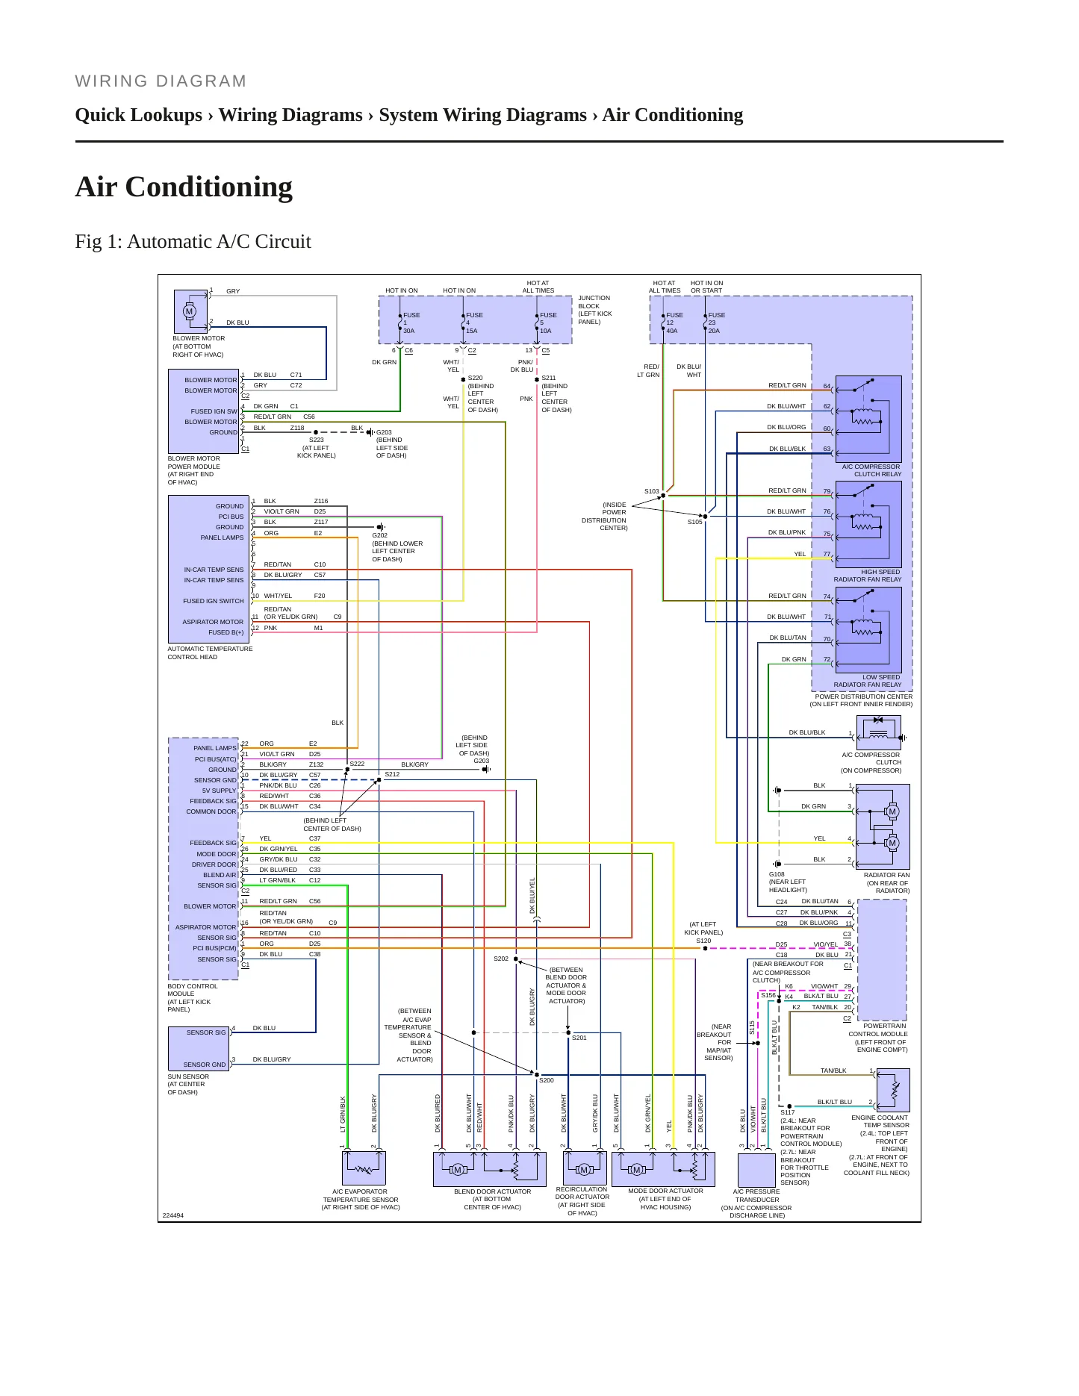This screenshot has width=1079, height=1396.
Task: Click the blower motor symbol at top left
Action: pos(190,311)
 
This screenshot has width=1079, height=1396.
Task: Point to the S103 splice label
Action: pos(652,491)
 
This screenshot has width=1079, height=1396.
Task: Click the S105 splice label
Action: pos(695,522)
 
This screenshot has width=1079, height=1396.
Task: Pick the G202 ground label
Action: pos(380,535)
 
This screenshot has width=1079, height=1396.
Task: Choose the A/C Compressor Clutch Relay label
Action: pos(871,470)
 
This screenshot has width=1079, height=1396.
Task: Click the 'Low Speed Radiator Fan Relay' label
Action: pos(868,681)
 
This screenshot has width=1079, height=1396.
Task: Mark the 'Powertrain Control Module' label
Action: pos(878,1038)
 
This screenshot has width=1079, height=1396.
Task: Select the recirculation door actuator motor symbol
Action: pos(584,1170)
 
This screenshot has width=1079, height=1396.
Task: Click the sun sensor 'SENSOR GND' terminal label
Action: pos(205,1065)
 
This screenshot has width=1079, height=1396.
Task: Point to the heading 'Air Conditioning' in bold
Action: pos(184,187)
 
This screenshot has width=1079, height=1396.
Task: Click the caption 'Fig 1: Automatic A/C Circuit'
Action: pos(193,241)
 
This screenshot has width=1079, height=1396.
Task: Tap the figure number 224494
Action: pos(172,1215)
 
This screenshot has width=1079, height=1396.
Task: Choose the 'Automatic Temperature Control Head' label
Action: pos(210,653)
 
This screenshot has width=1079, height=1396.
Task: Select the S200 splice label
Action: pos(547,1080)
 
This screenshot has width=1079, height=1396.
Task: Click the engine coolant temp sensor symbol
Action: pos(893,1090)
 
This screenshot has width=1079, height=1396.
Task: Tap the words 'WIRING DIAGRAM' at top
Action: pos(161,81)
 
